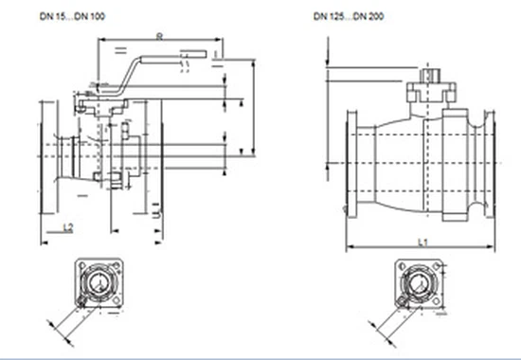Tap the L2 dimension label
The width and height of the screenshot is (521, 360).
67,228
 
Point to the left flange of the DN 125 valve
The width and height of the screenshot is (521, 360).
353,165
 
